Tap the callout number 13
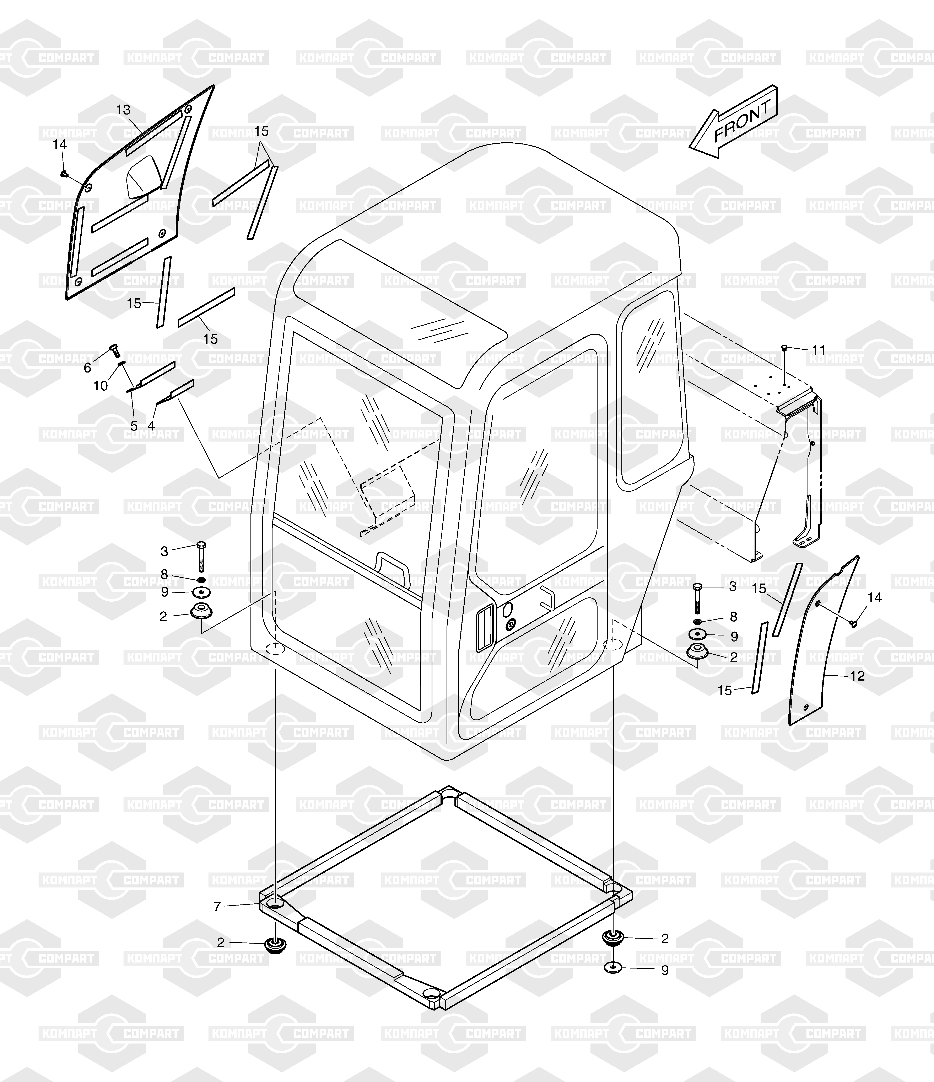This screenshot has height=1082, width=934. tap(123, 110)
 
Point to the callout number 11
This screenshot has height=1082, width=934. tap(819, 350)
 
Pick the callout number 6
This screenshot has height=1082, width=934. tap(88, 368)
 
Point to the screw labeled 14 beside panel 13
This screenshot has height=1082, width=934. tap(64, 174)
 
